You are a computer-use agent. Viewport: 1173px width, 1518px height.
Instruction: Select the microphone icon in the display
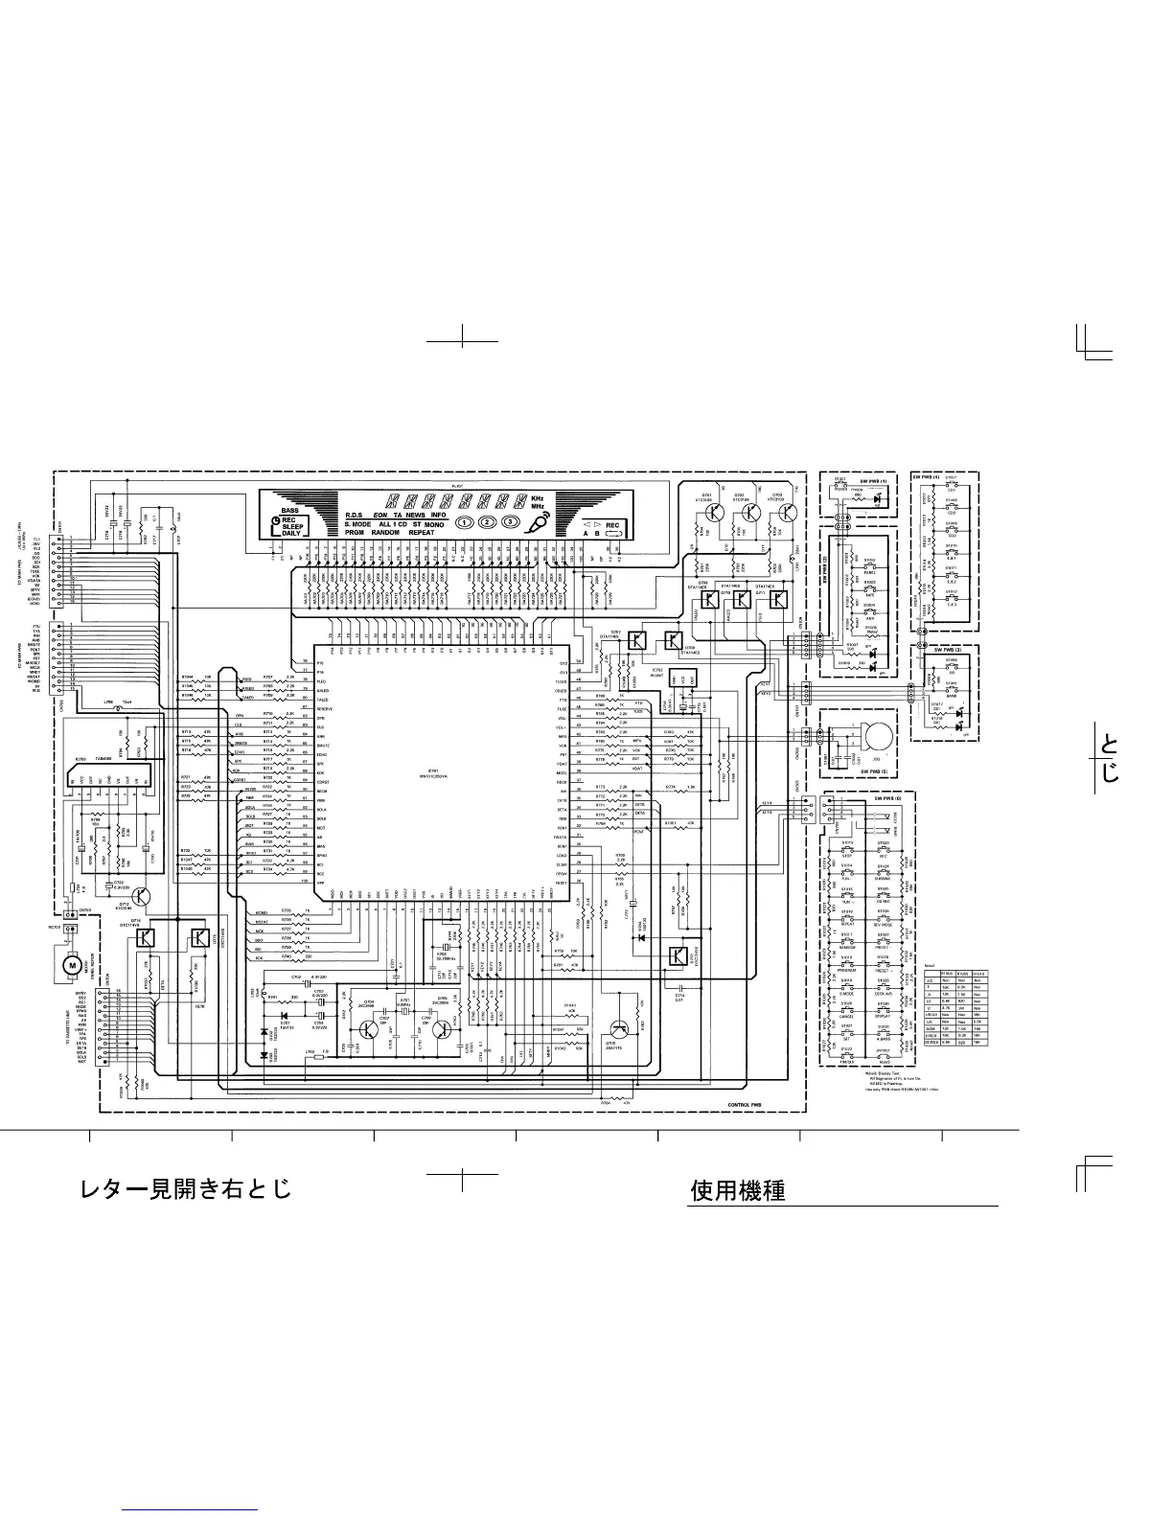point(543,522)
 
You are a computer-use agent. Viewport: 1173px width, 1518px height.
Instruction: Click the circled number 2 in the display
point(488,522)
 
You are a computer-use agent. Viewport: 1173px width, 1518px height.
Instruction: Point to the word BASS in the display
point(287,512)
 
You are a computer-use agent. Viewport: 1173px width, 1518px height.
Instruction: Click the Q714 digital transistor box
point(147,937)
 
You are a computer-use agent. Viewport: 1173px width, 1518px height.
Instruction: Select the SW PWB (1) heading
point(874,480)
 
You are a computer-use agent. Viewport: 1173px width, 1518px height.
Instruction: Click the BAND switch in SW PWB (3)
point(953,692)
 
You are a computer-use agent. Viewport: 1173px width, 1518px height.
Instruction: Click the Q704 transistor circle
point(369,1030)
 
